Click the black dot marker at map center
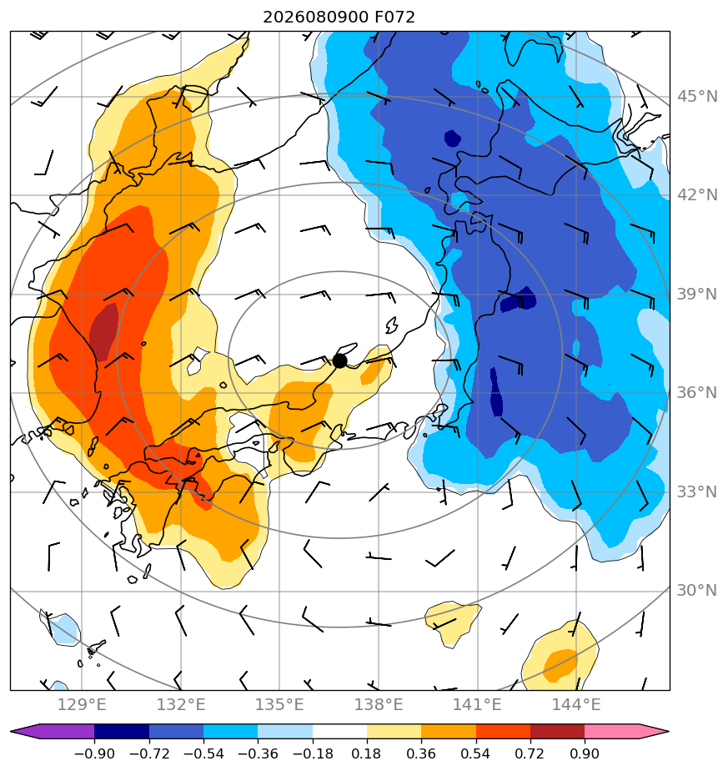point(339,361)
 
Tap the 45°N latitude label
point(697,97)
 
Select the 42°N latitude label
point(697,195)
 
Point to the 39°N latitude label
point(697,294)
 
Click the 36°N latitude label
point(697,393)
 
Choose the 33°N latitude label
point(697,491)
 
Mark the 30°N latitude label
point(697,590)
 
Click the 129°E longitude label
point(82,704)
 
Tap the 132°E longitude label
point(181,704)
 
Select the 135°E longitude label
point(279,704)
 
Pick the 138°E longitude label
point(379,704)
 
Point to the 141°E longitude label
point(477,704)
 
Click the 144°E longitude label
point(576,704)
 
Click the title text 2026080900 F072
point(339,18)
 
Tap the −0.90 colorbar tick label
point(94,753)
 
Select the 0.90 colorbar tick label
point(585,753)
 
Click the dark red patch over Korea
point(104,332)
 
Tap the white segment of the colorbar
point(339,731)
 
